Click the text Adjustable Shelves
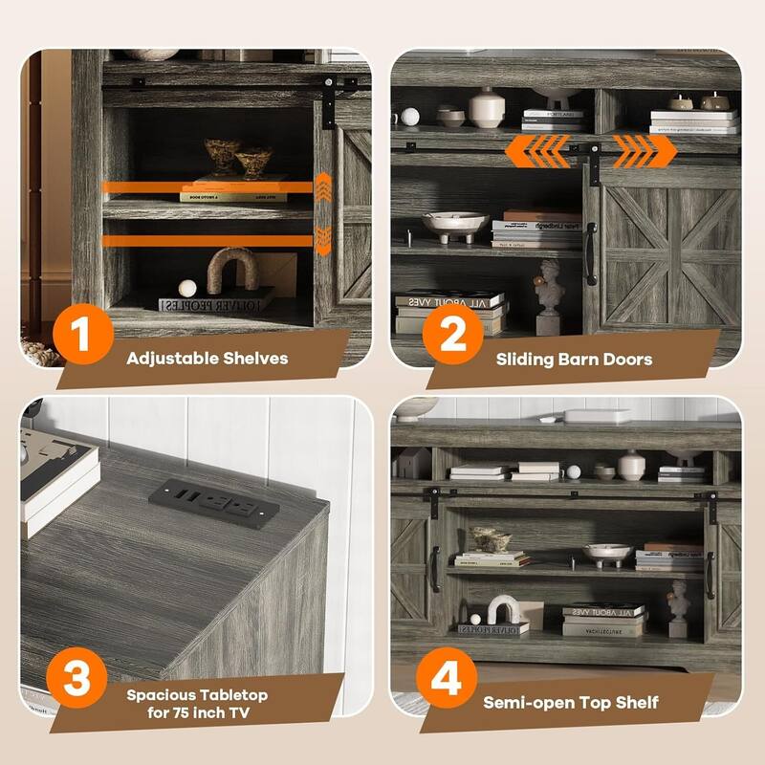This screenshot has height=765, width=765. tap(207, 360)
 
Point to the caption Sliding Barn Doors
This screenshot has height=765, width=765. tap(574, 360)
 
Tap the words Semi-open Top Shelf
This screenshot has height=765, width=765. tap(571, 703)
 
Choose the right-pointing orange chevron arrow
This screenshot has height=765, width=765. tap(643, 150)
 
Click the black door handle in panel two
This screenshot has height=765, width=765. tap(589, 253)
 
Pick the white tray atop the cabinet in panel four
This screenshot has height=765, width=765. tap(596, 416)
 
